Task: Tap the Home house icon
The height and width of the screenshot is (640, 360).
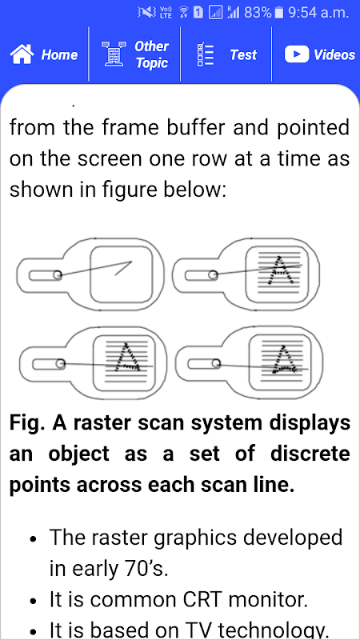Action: (x=22, y=54)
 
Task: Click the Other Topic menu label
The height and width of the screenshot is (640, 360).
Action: (x=151, y=54)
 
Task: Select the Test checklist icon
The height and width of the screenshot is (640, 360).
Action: (x=206, y=54)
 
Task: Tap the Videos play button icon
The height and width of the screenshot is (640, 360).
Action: (x=297, y=54)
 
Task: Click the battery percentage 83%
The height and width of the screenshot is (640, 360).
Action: (x=258, y=13)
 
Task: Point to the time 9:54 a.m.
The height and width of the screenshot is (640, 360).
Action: (x=318, y=13)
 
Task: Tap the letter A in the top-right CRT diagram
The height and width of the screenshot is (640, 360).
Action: (x=279, y=270)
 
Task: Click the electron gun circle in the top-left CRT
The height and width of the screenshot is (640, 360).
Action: (x=58, y=275)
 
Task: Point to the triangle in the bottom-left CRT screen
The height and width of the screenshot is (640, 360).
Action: (x=128, y=357)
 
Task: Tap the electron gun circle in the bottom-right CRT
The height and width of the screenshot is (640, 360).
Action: (x=216, y=363)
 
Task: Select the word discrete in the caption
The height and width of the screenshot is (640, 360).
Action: (x=309, y=454)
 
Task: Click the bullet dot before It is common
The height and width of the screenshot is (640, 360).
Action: (x=34, y=601)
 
